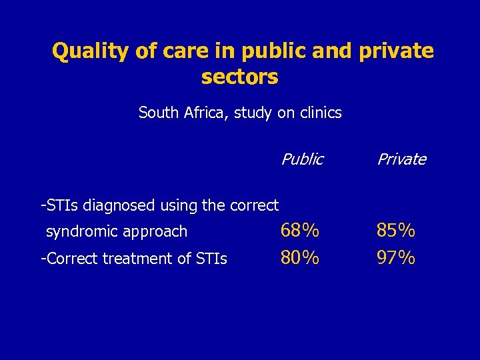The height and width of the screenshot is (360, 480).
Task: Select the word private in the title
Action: click(x=396, y=51)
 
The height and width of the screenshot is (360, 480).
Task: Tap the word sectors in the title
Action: click(x=239, y=77)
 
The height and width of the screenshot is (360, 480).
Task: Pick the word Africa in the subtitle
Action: click(x=205, y=113)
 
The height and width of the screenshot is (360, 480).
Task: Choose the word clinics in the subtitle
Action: click(x=319, y=113)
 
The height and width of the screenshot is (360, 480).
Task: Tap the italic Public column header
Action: click(x=302, y=159)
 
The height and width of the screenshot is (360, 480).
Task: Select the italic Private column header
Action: click(x=401, y=159)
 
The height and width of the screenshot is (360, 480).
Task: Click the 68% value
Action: click(x=299, y=231)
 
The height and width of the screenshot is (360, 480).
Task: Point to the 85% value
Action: click(x=396, y=231)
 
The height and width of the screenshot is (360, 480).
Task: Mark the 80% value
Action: click(x=299, y=257)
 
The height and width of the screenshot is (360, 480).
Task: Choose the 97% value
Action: click(x=396, y=257)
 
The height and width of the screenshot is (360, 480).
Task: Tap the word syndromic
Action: click(x=77, y=232)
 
